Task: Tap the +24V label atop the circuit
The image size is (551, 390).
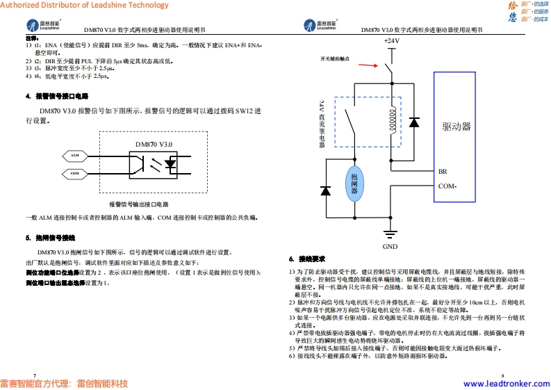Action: click(391, 41)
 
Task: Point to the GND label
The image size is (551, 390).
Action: click(390, 246)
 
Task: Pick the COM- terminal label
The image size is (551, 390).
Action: click(447, 186)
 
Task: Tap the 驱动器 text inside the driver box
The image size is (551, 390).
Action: click(457, 127)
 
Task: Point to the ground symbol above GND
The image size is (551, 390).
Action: click(390, 234)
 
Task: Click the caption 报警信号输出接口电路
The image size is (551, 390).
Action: click(139, 204)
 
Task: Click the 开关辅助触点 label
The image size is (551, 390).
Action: click(335, 58)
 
